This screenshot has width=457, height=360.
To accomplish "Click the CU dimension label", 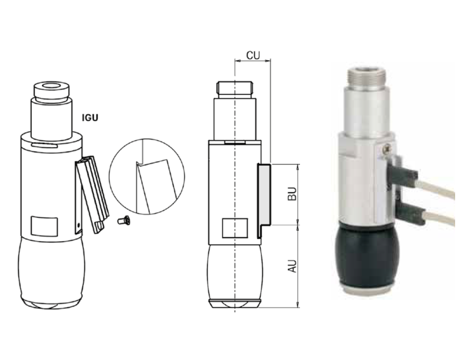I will point(253,55).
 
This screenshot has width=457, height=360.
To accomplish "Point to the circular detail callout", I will point(147,176).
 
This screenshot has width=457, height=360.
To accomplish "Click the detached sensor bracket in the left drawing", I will point(92,193).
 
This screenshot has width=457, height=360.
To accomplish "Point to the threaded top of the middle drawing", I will point(235,87).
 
